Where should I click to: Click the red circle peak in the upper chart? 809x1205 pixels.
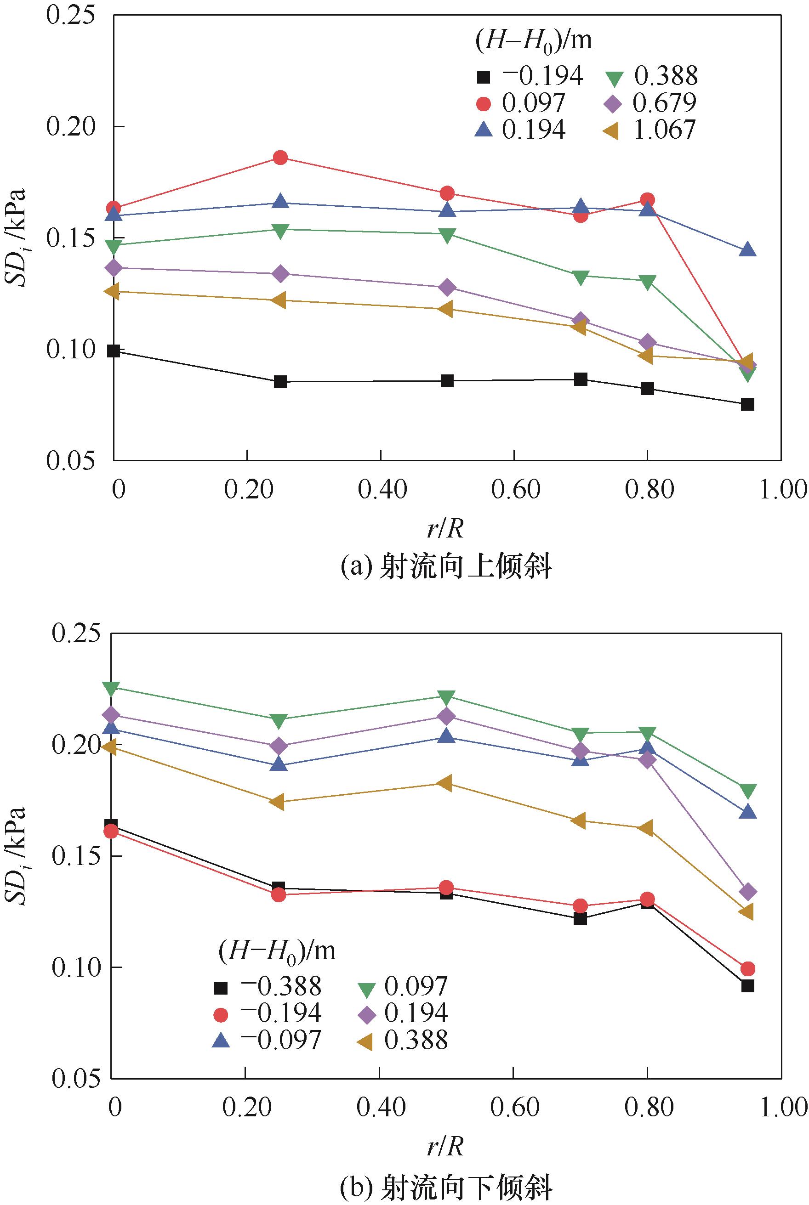tap(280, 158)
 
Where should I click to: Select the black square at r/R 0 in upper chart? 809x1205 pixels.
tap(114, 351)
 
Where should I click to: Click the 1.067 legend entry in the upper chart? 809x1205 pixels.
tap(649, 130)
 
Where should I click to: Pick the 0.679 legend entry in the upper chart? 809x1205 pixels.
tap(649, 102)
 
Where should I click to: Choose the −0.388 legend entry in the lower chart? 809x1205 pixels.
tap(267, 987)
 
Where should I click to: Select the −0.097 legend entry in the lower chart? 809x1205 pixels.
tap(267, 1041)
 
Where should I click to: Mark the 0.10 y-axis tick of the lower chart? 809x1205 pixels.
tap(75, 967)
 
